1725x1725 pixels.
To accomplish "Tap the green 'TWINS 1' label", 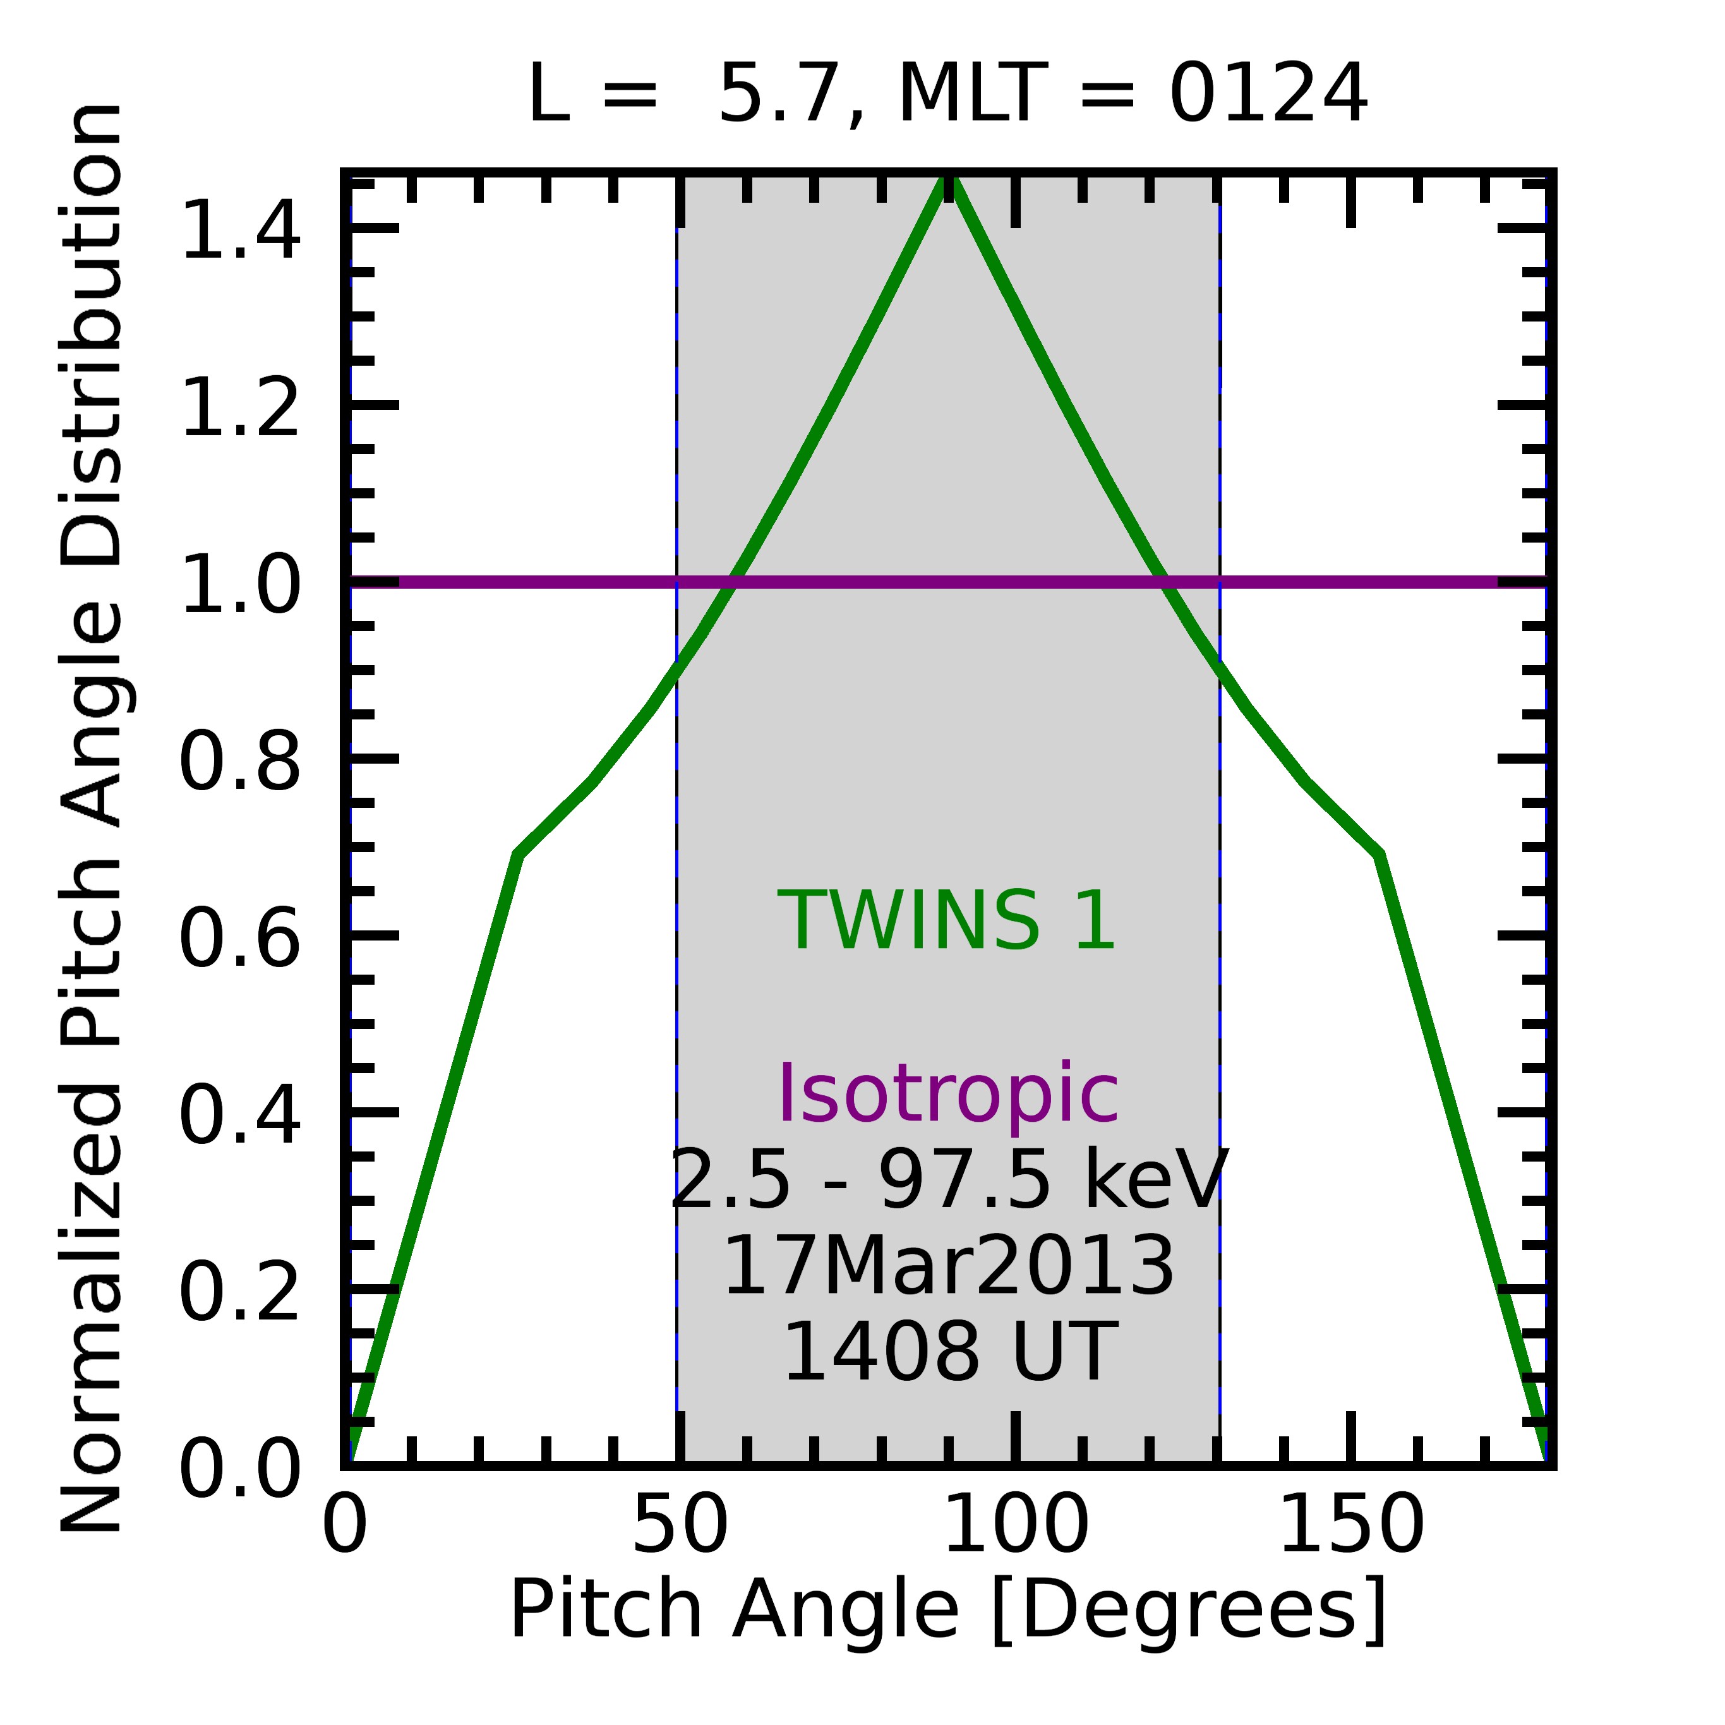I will coord(947,922).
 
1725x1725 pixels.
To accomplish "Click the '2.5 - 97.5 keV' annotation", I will coord(947,1181).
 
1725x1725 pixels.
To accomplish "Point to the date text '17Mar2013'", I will coord(947,1268).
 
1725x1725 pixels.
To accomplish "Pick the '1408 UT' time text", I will coord(947,1354).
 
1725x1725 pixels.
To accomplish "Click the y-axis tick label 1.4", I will coord(240,231).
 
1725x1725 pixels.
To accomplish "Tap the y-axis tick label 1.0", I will coord(240,585).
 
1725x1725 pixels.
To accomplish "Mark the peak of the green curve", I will coord(948,179).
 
